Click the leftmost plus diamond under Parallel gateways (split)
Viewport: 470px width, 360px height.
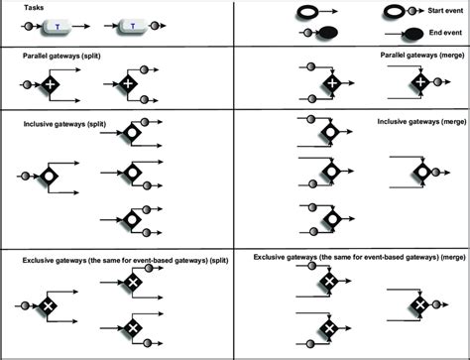(x=48, y=87)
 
